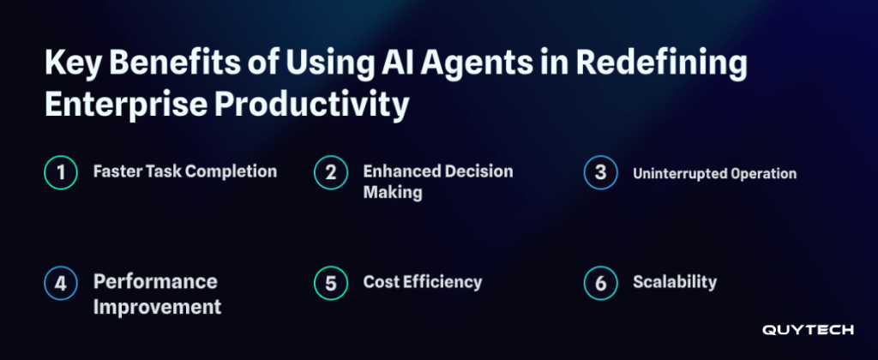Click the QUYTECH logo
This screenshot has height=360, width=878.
click(x=808, y=330)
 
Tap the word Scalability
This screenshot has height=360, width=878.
click(x=675, y=282)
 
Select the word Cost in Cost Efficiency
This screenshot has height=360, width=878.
click(x=382, y=282)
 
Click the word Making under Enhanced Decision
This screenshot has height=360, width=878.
click(x=393, y=193)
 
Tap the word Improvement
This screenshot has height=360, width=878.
click(x=158, y=307)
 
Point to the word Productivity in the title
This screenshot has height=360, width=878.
click(x=311, y=105)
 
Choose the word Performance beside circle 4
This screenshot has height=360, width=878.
click(x=155, y=281)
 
